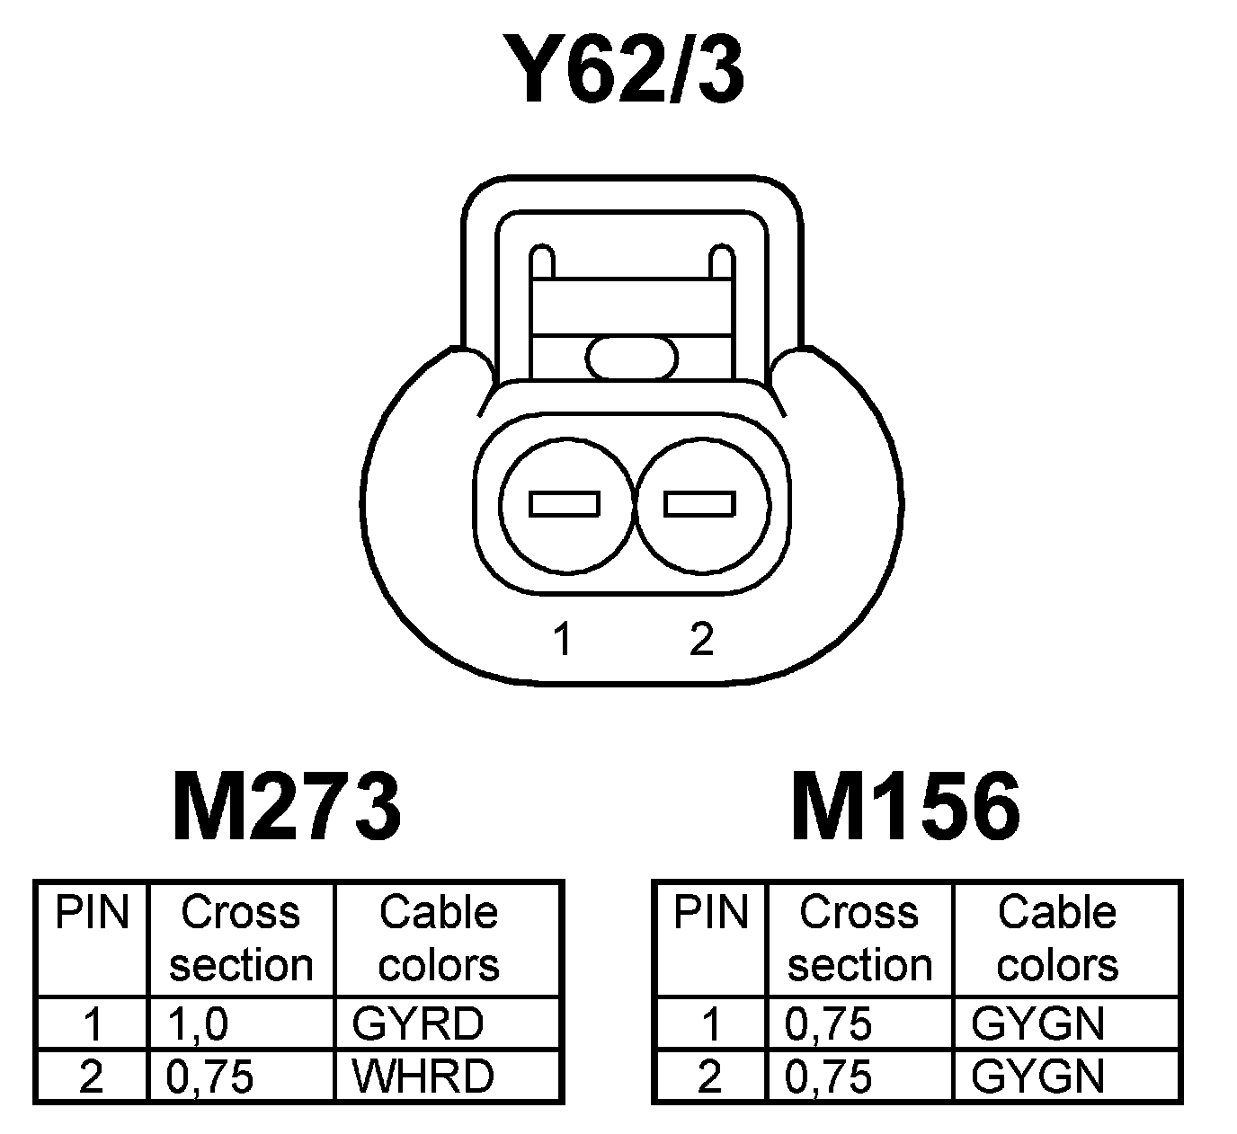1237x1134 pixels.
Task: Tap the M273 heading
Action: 286,807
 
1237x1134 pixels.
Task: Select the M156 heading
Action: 905,807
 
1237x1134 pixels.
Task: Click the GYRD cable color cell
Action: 418,1023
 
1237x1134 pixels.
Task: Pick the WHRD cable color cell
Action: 423,1076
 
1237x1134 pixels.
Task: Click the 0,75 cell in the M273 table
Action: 210,1076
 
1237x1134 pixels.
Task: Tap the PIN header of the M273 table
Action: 92,913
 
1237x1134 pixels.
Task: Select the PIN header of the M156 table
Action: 710,913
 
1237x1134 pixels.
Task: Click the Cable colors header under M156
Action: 1057,938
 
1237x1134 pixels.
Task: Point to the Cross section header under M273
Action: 240,938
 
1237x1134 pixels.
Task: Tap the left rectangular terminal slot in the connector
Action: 565,504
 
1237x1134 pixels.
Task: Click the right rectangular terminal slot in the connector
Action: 699,504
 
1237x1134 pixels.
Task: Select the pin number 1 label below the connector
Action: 563,639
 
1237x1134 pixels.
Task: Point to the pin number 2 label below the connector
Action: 701,639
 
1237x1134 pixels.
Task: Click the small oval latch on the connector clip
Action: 632,357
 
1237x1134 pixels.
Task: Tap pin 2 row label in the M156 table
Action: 710,1076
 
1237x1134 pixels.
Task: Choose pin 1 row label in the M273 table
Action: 92,1023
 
